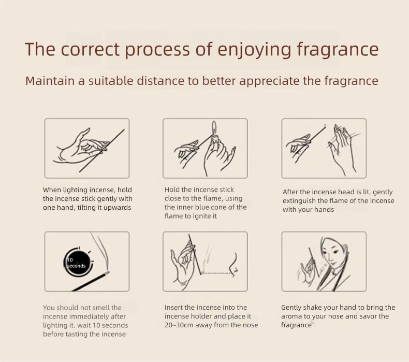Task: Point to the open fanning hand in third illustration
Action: (342, 148)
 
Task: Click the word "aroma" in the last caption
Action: (292, 316)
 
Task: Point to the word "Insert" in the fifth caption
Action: (173, 308)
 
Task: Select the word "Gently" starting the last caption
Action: (292, 308)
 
